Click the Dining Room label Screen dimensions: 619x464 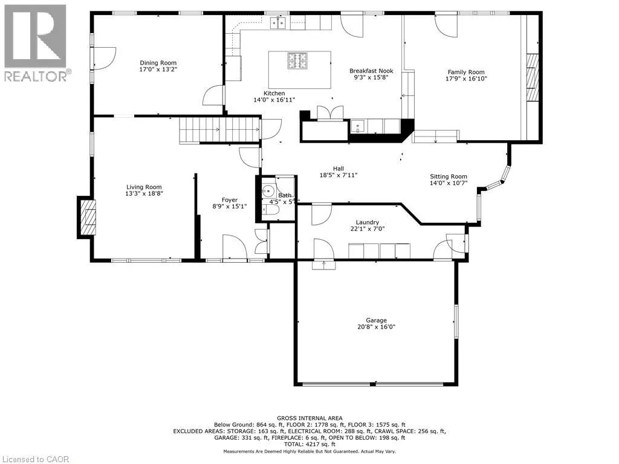[x=158, y=63]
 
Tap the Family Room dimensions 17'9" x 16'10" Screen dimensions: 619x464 [x=466, y=79]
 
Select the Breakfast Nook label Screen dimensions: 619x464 [x=371, y=71]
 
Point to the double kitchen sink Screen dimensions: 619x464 [x=278, y=24]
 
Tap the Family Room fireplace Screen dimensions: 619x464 [x=533, y=77]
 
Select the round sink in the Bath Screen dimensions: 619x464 [x=269, y=192]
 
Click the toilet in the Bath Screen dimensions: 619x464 [x=270, y=211]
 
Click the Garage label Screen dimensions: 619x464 [x=376, y=320]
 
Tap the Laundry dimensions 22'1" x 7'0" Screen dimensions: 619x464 [x=367, y=229]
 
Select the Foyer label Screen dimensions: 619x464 [x=229, y=200]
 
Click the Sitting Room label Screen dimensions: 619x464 [x=448, y=177]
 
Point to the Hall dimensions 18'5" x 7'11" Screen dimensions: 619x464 [x=339, y=175]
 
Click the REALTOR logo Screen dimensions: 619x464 [x=37, y=43]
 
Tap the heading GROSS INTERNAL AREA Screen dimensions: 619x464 [x=309, y=418]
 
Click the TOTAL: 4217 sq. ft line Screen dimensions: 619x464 [x=309, y=444]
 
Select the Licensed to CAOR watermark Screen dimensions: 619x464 [x=36, y=459]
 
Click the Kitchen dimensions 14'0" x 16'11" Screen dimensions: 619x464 [x=274, y=100]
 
